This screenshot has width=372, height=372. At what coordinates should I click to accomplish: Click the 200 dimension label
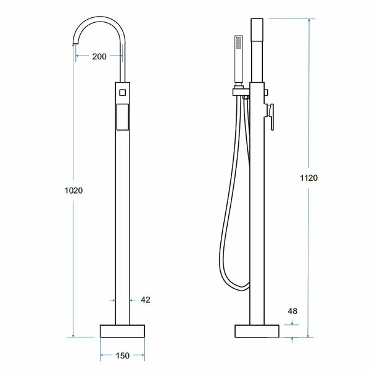(x=99, y=57)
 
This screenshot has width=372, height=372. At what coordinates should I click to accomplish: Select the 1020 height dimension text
(x=74, y=190)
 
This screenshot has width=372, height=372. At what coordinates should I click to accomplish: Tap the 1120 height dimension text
(x=308, y=178)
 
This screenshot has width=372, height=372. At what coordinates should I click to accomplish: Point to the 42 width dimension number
(x=146, y=300)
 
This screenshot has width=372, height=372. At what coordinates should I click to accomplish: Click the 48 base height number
(x=292, y=311)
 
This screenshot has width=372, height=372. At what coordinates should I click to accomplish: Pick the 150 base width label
(x=123, y=355)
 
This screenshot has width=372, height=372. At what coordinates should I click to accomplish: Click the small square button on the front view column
(x=122, y=93)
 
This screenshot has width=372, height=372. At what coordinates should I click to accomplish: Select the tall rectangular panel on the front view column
(x=123, y=117)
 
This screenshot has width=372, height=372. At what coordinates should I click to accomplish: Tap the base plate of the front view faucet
(x=122, y=331)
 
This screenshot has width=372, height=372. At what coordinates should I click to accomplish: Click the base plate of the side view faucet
(x=257, y=331)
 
